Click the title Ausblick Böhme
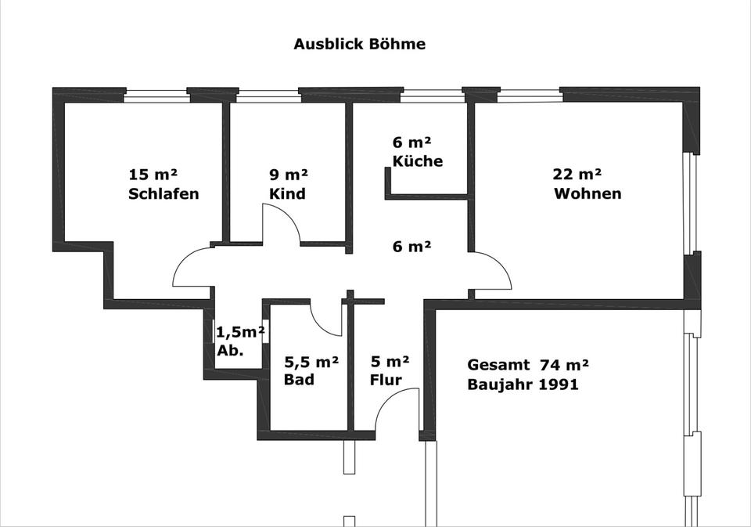pyautogui.click(x=359, y=44)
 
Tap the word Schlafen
pyautogui.click(x=163, y=193)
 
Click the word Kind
pyautogui.click(x=287, y=193)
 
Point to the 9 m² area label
pyautogui.click(x=289, y=174)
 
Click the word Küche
pyautogui.click(x=417, y=161)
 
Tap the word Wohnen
pyautogui.click(x=588, y=193)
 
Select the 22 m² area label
pyautogui.click(x=578, y=174)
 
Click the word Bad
pyautogui.click(x=299, y=380)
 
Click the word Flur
pyautogui.click(x=386, y=380)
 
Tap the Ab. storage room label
pyautogui.click(x=230, y=351)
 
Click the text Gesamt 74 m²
pyautogui.click(x=527, y=364)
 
